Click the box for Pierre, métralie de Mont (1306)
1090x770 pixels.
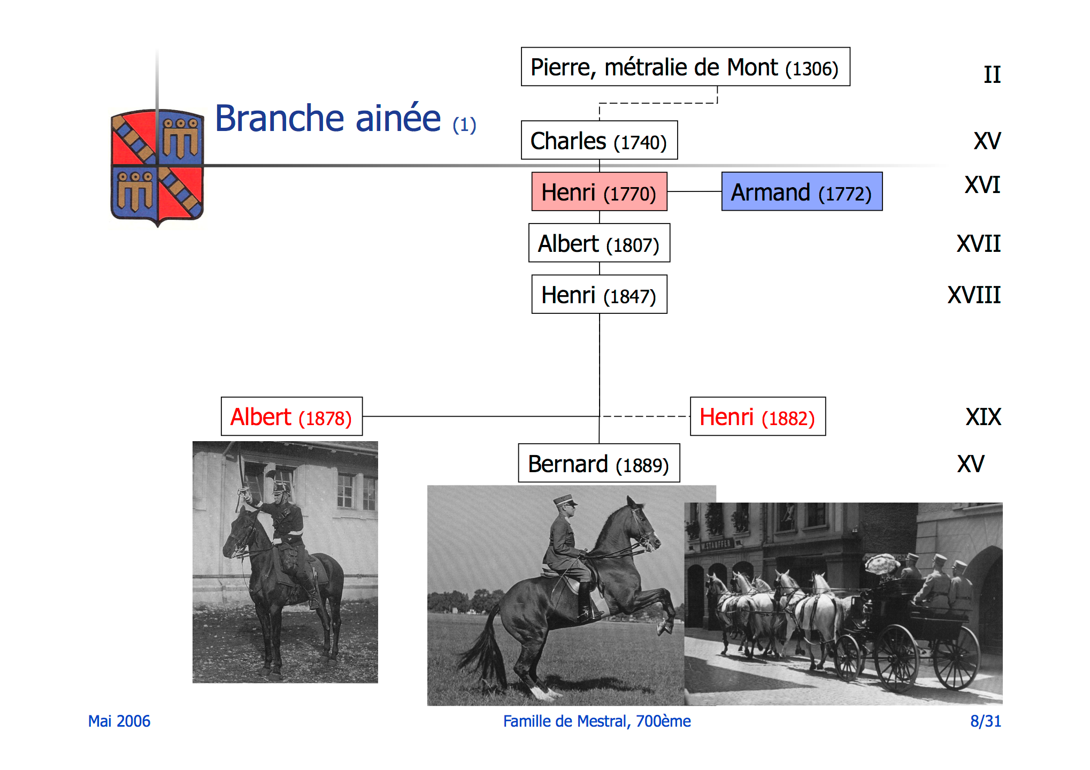(685, 67)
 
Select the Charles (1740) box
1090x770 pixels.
(599, 140)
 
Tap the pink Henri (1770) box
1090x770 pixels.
(599, 191)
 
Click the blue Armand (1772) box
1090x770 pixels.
(802, 191)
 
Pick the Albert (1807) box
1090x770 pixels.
(599, 243)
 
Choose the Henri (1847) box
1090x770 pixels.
(599, 294)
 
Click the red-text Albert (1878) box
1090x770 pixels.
(291, 416)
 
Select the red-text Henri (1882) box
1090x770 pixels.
(758, 416)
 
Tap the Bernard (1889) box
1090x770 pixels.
(599, 463)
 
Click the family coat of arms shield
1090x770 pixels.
(157, 167)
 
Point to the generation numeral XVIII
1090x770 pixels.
(973, 295)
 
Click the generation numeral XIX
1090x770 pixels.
(983, 417)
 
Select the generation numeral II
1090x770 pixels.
(992, 74)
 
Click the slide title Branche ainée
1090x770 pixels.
(328, 118)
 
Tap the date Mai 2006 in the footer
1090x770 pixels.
(119, 721)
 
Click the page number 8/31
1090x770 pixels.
(986, 721)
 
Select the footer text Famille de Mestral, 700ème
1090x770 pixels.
(597, 721)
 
